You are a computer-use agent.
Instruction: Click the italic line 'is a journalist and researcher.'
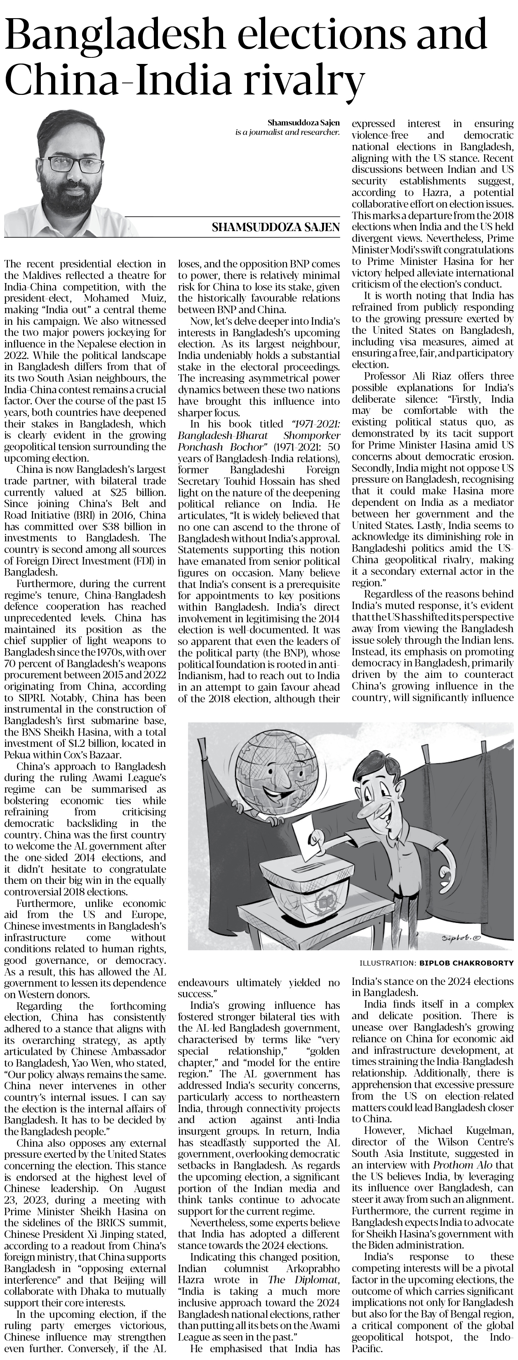tap(287, 132)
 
